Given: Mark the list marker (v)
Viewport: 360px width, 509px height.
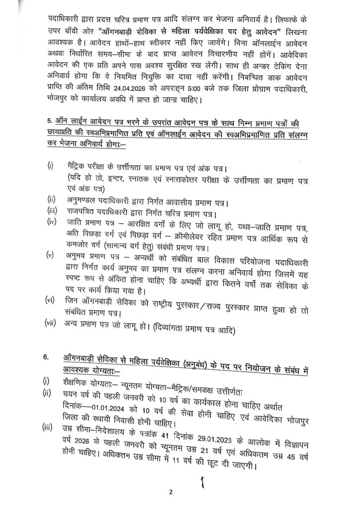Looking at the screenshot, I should tap(50, 256).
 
